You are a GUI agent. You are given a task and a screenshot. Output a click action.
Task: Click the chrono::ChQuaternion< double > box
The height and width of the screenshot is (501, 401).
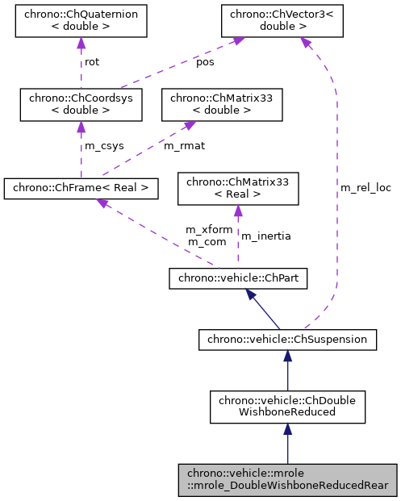80,22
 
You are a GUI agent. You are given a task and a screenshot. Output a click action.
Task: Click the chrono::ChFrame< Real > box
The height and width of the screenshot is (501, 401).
80,189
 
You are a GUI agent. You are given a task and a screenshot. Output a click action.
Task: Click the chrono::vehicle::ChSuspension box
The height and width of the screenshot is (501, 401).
288,340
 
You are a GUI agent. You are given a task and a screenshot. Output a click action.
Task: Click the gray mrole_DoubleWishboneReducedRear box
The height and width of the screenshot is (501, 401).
288,480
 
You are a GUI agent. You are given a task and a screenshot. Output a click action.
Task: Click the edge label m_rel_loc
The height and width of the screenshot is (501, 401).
365,188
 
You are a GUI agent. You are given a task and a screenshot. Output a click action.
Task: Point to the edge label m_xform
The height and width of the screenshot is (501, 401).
209,230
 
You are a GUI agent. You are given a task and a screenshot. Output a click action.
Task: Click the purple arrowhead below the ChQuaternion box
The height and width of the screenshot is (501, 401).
80,44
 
